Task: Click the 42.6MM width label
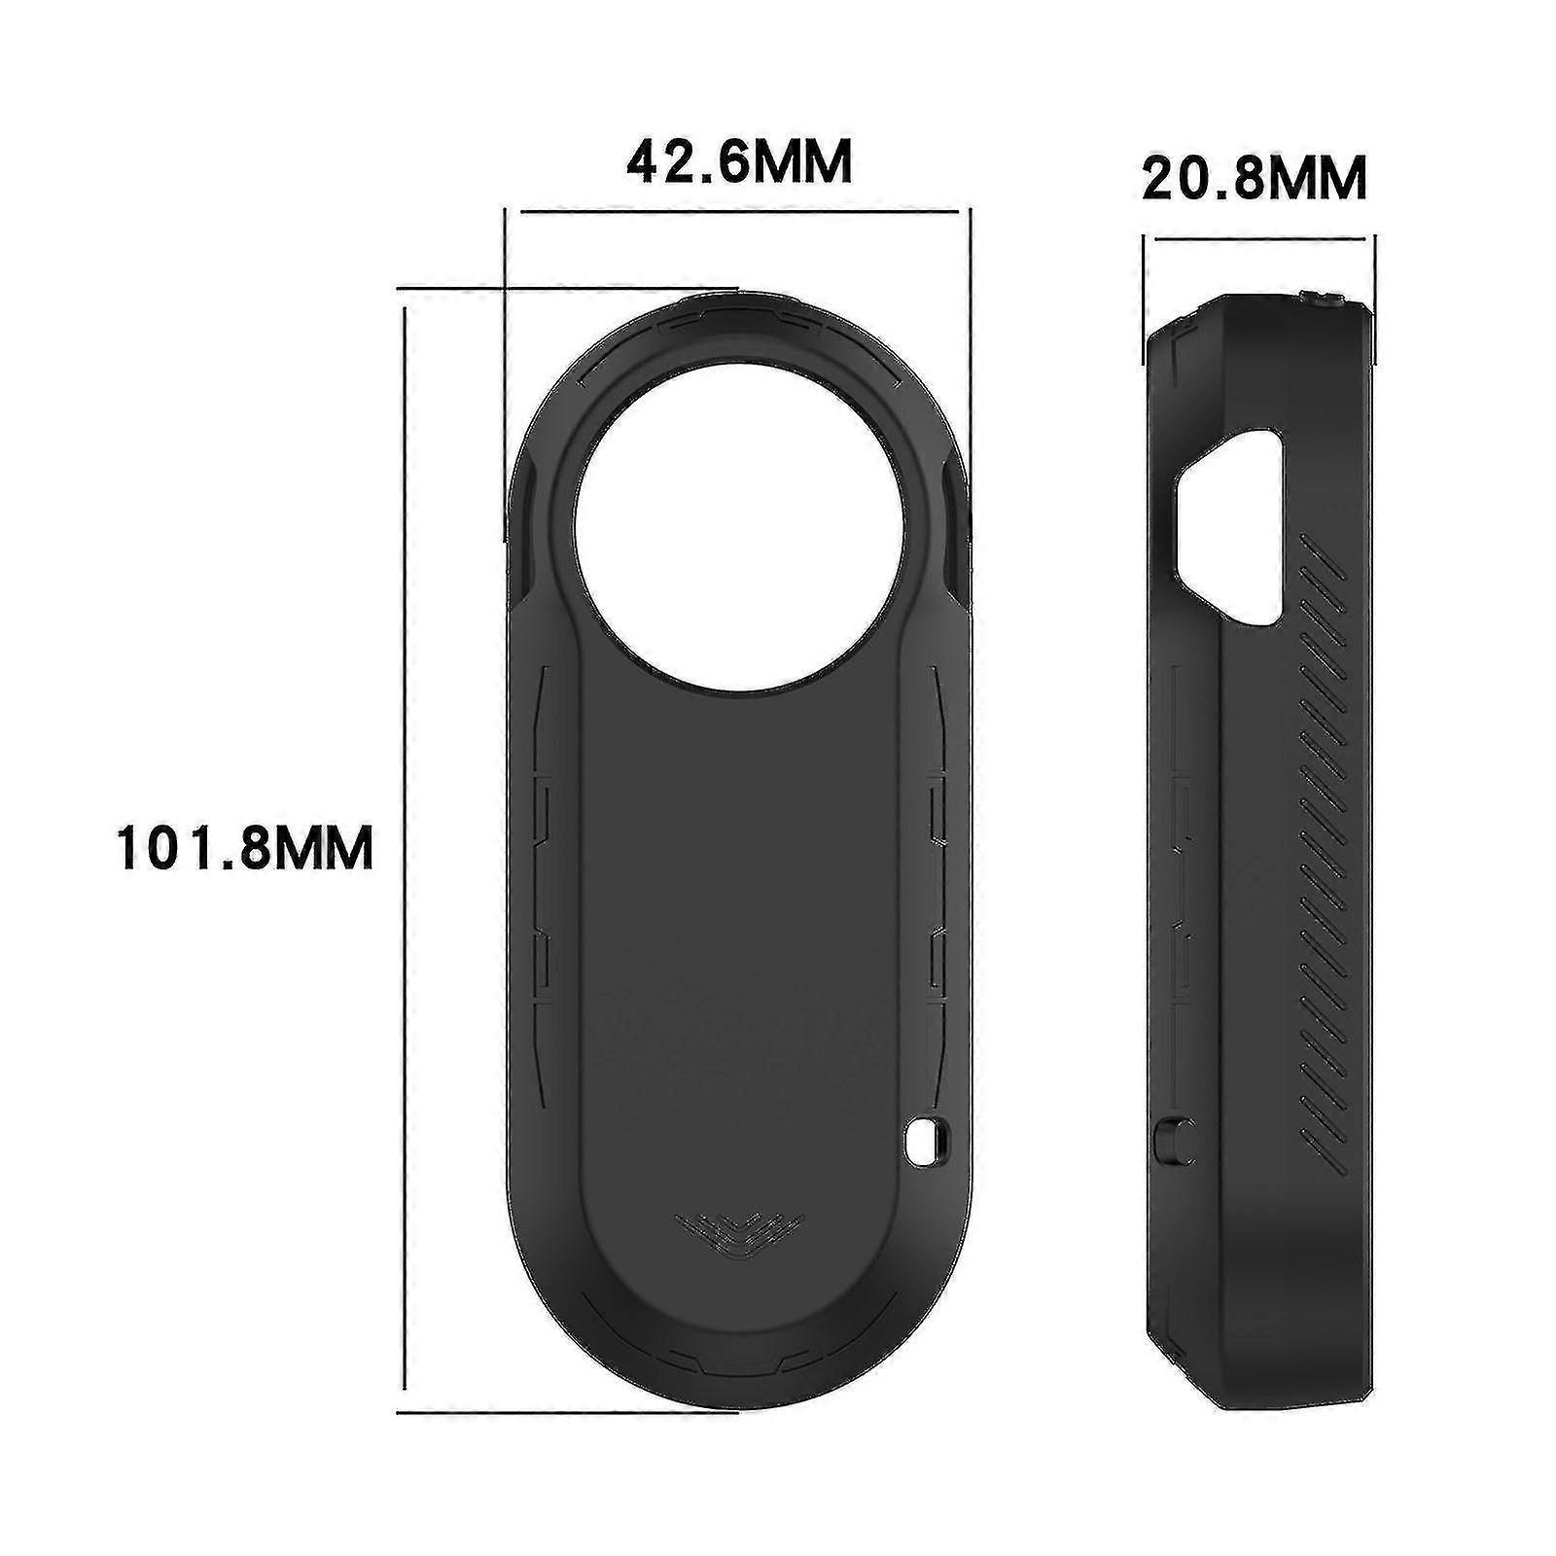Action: [739, 162]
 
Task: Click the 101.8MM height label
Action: [245, 847]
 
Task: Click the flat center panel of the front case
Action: [736, 924]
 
